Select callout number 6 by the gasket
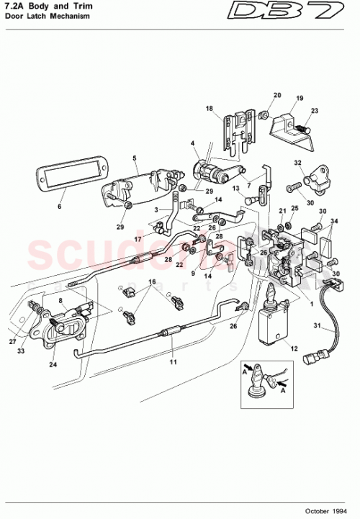coord(59,206)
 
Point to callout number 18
coord(209,109)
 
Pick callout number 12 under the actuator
coord(293,349)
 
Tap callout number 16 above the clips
coord(152,281)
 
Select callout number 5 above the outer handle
coord(134,158)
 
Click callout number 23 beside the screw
coord(314,111)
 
